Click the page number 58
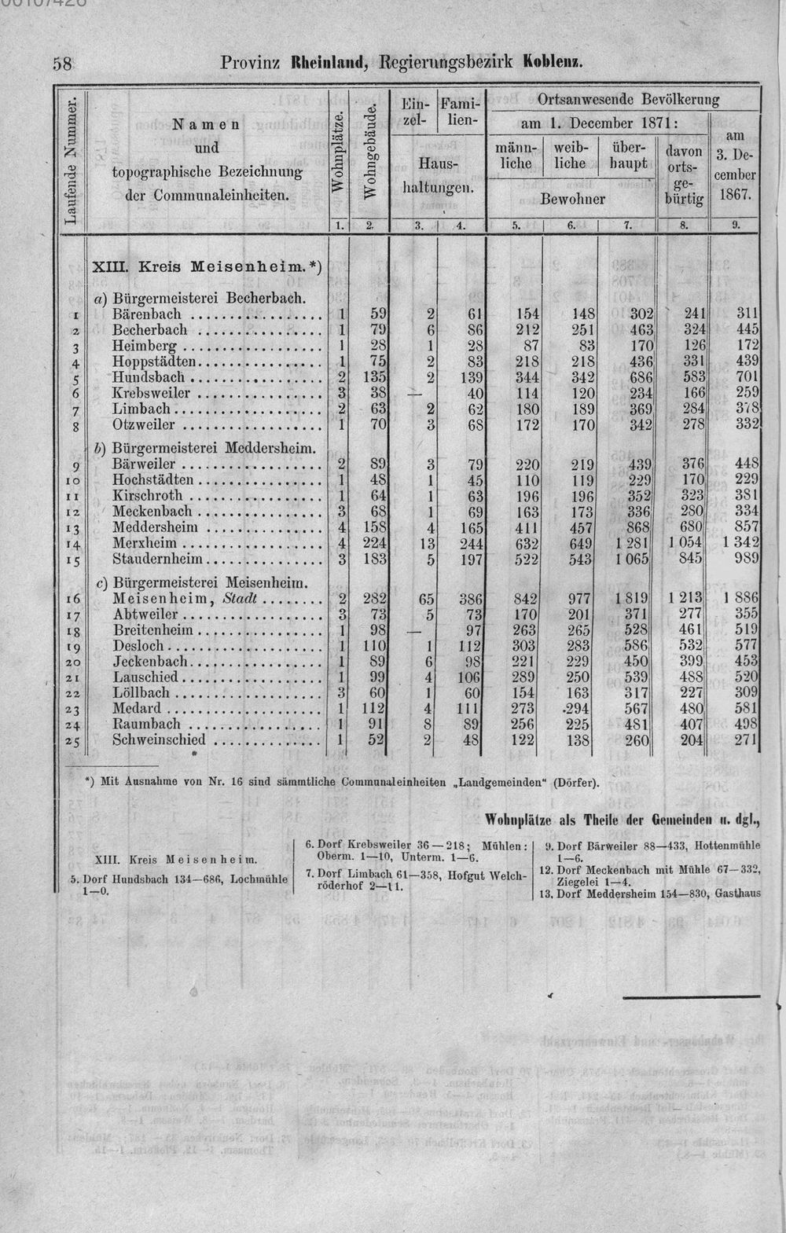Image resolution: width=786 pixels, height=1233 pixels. (x=62, y=64)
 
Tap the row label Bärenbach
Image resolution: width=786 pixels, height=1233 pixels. (x=147, y=314)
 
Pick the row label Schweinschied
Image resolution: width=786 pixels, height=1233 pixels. (x=159, y=739)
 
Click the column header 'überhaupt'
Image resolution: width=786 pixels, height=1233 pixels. (x=626, y=156)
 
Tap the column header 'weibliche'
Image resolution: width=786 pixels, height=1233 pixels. (x=570, y=156)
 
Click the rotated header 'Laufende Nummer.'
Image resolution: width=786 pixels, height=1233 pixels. (x=72, y=162)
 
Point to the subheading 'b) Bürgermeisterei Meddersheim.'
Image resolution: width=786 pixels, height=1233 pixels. (x=204, y=449)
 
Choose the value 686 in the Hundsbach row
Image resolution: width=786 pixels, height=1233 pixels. (x=633, y=377)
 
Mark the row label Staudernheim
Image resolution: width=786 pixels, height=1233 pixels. (x=158, y=559)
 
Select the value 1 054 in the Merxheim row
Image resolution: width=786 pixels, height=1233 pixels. (x=685, y=543)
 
